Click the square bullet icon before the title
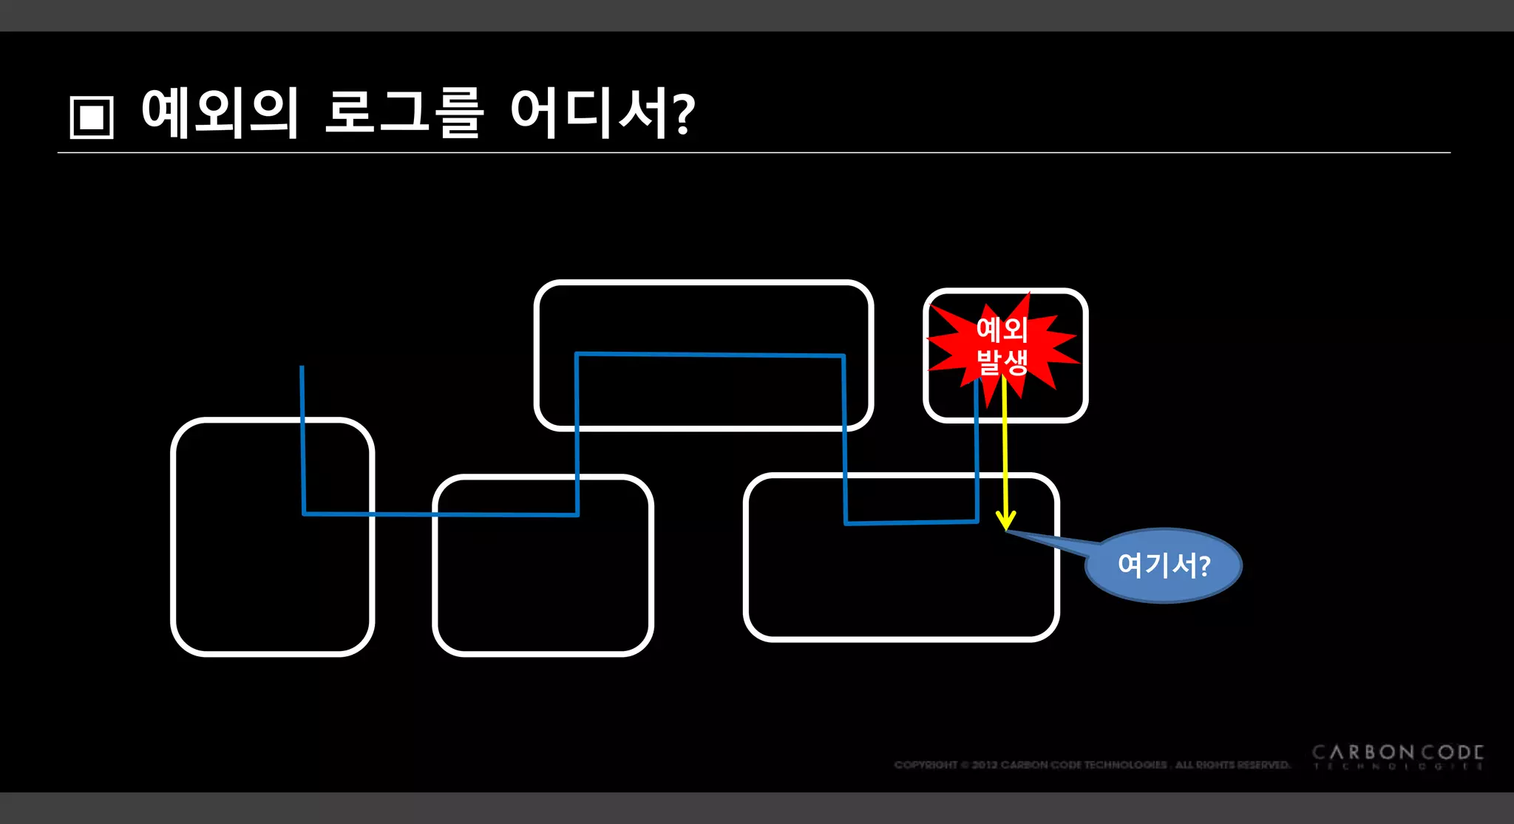pyautogui.click(x=92, y=117)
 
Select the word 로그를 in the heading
pyautogui.click(x=404, y=113)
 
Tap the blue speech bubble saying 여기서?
pyautogui.click(x=1164, y=565)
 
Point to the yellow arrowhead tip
pyautogui.click(x=1006, y=528)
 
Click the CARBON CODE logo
pyautogui.click(x=1397, y=753)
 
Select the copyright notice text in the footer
pyautogui.click(x=1092, y=765)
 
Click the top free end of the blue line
pyautogui.click(x=302, y=367)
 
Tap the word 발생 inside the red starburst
pyautogui.click(x=1002, y=363)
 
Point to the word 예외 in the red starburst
pyautogui.click(x=1002, y=330)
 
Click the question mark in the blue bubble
pyautogui.click(x=1204, y=566)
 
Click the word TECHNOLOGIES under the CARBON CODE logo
pyautogui.click(x=1397, y=767)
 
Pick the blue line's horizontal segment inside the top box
pyautogui.click(x=710, y=355)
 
